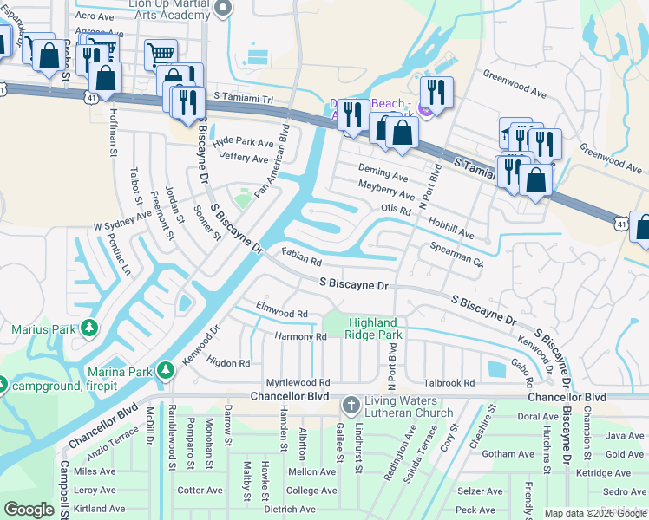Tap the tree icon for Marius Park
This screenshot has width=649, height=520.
pyautogui.click(x=88, y=329)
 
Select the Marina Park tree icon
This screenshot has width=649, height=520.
pyautogui.click(x=165, y=373)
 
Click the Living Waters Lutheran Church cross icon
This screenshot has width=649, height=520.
pyautogui.click(x=350, y=405)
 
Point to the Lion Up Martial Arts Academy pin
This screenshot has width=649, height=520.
pyautogui.click(x=223, y=9)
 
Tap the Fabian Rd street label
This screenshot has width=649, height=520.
pyautogui.click(x=302, y=257)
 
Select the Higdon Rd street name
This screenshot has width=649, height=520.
pyautogui.click(x=228, y=363)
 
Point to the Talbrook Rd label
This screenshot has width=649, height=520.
pyautogui.click(x=449, y=382)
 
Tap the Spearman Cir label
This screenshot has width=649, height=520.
pyautogui.click(x=456, y=253)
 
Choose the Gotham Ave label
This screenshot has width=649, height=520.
pyautogui.click(x=508, y=454)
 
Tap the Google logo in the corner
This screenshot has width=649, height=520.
pyautogui.click(x=29, y=510)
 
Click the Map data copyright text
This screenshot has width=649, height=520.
pyautogui.click(x=595, y=513)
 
